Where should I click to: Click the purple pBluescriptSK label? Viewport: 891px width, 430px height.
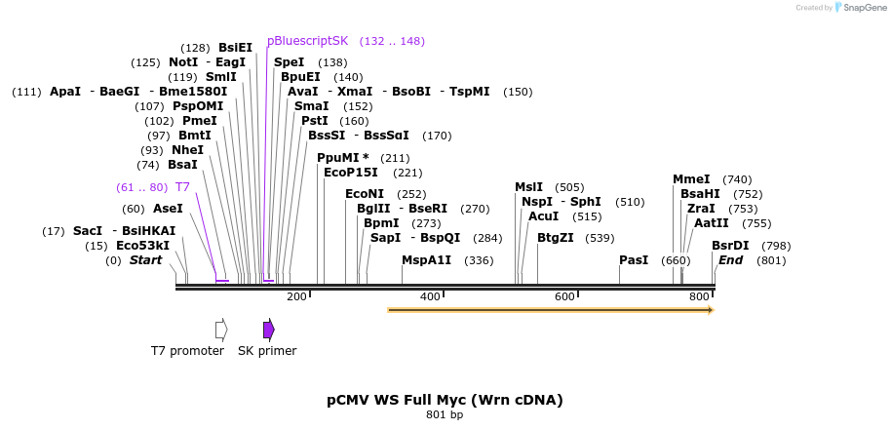tap(307, 41)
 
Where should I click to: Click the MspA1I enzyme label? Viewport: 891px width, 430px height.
tap(427, 260)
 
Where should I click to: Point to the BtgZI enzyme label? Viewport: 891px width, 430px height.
tap(556, 238)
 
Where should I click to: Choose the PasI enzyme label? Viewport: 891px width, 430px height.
tap(634, 260)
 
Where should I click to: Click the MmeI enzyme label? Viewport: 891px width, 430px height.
tap(691, 179)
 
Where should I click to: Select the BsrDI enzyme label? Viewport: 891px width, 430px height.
tap(730, 246)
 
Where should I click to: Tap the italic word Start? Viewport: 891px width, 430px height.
tap(145, 260)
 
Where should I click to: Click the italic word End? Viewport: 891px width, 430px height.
tap(730, 260)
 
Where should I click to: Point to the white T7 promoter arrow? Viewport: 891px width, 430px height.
tap(221, 330)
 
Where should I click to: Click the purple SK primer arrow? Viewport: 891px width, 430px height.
tap(268, 330)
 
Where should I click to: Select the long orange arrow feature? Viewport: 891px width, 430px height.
tap(550, 310)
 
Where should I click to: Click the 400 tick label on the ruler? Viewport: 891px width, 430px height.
tap(430, 296)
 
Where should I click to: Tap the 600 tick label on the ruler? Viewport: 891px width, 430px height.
tap(564, 296)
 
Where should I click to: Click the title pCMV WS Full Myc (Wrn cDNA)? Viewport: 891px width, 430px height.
tap(445, 400)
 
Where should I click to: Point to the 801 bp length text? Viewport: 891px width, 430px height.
tap(445, 415)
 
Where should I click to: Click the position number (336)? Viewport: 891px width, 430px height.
tap(479, 260)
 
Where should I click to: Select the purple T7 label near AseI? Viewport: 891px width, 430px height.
tap(182, 187)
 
